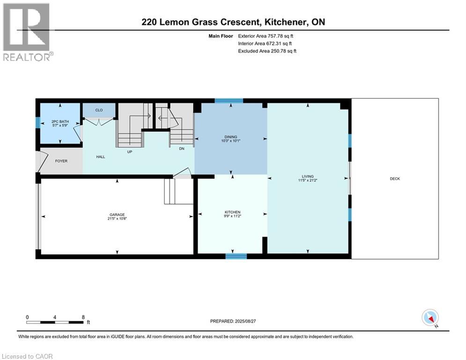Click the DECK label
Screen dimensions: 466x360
[x=395, y=179]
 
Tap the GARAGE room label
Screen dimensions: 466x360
[x=117, y=215]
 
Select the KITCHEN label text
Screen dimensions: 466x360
[x=232, y=212]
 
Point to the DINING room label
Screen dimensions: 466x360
[x=230, y=137]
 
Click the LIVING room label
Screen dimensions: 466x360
[x=308, y=176]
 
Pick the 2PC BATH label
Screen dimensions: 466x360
[x=60, y=121]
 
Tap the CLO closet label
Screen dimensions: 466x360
[x=99, y=110]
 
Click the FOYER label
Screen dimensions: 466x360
[x=61, y=161]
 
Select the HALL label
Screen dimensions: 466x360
[x=100, y=157]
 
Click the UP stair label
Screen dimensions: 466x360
[x=130, y=152]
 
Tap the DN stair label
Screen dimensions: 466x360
[x=182, y=149]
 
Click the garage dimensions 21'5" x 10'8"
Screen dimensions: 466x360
[x=117, y=218]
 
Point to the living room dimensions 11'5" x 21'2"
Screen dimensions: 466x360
[x=308, y=180]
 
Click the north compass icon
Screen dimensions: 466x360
[x=430, y=318]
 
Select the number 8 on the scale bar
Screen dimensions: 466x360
[x=83, y=317]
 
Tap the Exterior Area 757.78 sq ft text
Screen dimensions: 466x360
[x=266, y=36]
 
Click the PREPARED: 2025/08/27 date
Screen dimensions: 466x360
[x=233, y=321]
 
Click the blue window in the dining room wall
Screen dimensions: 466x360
[x=229, y=101]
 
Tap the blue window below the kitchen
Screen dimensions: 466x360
[x=236, y=256]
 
